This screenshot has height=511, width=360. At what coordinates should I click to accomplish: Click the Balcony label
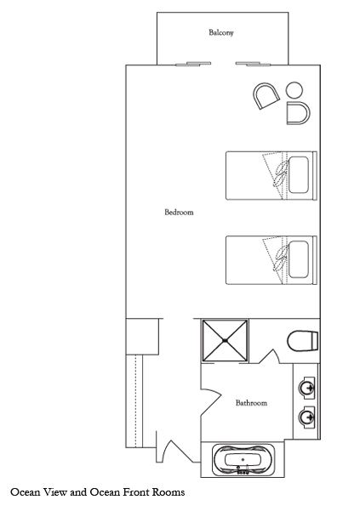[x=221, y=32]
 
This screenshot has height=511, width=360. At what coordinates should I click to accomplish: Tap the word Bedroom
[x=179, y=213]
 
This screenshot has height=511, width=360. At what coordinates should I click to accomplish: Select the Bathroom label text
[x=251, y=403]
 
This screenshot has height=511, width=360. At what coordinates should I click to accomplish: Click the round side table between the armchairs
[x=294, y=89]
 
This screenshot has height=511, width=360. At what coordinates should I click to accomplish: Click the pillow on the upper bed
[x=299, y=174]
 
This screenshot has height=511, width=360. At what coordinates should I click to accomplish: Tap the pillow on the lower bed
[x=299, y=259]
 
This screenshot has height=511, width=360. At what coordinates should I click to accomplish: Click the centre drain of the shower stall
[x=225, y=341]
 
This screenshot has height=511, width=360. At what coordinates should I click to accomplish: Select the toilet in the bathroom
[x=303, y=341]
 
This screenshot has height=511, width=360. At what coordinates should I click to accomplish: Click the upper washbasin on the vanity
[x=307, y=388]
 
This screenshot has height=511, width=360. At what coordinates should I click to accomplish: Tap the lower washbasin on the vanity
[x=307, y=416]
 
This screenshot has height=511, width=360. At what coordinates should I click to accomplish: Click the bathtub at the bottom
[x=243, y=460]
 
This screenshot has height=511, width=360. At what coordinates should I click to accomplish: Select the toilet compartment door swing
[x=269, y=357]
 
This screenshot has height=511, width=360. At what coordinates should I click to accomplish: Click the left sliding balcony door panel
[x=193, y=64]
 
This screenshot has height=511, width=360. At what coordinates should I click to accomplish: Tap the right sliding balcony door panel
[x=253, y=64]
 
